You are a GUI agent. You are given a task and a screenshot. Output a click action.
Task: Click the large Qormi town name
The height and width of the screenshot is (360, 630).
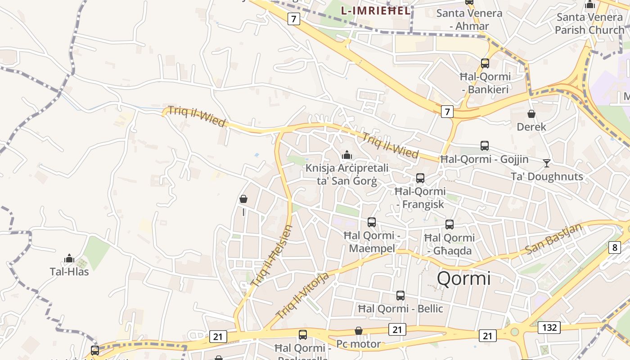click(x=463, y=279)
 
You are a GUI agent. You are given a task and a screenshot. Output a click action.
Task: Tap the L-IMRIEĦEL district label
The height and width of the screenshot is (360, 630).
click(x=376, y=11)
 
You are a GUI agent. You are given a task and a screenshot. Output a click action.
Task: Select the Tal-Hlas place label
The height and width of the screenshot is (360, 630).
click(x=69, y=272)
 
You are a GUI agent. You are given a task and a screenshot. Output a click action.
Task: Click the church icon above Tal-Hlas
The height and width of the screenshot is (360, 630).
click(x=69, y=259)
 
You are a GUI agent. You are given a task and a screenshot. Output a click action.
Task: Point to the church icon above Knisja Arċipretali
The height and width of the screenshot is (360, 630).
click(x=347, y=155)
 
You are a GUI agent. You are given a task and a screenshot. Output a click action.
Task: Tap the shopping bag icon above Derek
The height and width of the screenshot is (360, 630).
click(x=531, y=114)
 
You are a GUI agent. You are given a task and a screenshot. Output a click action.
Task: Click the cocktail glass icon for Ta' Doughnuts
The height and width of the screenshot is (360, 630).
click(x=547, y=163)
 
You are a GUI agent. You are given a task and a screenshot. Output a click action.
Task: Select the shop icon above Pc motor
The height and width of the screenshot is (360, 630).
click(x=359, y=331)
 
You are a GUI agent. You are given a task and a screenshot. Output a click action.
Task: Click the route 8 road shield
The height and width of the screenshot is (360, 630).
click(x=615, y=247)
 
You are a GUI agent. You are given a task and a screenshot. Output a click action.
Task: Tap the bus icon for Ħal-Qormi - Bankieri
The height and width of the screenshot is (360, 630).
click(x=485, y=63)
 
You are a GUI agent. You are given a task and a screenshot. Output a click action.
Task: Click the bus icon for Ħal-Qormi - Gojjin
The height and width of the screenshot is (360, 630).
click(x=485, y=146)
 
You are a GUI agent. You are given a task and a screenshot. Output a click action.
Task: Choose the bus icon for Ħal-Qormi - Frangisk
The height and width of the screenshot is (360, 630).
click(x=420, y=178)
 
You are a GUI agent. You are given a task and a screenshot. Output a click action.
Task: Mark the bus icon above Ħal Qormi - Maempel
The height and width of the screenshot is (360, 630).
click(x=372, y=222)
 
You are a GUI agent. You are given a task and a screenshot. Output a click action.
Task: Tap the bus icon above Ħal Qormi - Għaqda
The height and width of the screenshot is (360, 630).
click(x=450, y=225)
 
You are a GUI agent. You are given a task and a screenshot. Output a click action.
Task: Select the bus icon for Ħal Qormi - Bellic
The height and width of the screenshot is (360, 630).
click(x=400, y=296)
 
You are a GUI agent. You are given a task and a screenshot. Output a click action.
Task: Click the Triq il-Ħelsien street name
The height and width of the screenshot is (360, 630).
click(x=272, y=256)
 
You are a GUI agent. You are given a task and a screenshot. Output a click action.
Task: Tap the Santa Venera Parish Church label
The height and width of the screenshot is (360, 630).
click(x=589, y=24)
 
